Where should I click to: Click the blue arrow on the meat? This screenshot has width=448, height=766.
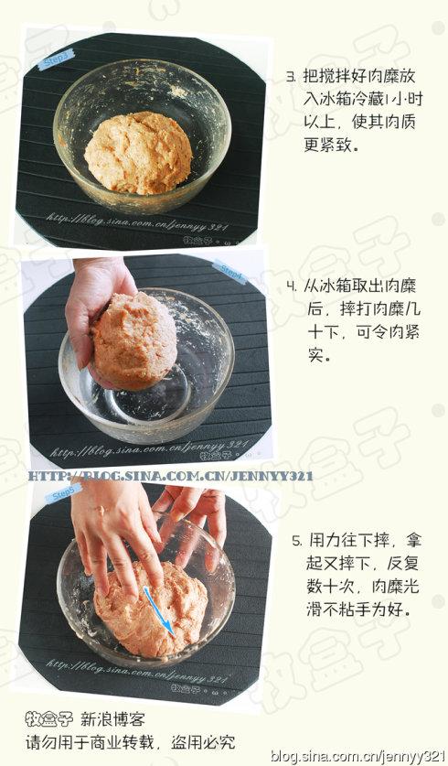tap(157, 610)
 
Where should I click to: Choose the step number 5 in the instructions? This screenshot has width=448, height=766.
tap(296, 542)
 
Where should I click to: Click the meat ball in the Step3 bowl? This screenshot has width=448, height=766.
tap(138, 152)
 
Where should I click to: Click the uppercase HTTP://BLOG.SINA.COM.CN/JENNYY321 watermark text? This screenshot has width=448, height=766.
tap(170, 476)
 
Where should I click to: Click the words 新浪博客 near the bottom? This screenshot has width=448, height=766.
tap(113, 720)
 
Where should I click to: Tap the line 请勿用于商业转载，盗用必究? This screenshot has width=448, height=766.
tap(130, 741)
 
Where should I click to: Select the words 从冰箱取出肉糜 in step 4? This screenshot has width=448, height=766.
tap(361, 286)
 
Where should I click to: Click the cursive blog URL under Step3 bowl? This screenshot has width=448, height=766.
tap(137, 218)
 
